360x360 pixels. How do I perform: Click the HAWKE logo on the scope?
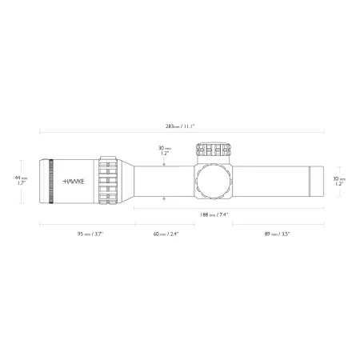(74, 182)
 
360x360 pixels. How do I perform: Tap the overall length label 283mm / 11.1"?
(180, 126)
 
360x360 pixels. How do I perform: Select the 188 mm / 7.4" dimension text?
(214, 214)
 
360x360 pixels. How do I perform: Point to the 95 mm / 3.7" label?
(90, 234)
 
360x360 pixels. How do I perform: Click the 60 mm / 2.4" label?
(166, 234)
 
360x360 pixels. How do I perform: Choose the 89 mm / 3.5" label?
(277, 234)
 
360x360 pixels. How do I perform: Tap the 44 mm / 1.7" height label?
(22, 181)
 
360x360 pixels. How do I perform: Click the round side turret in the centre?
(214, 182)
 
